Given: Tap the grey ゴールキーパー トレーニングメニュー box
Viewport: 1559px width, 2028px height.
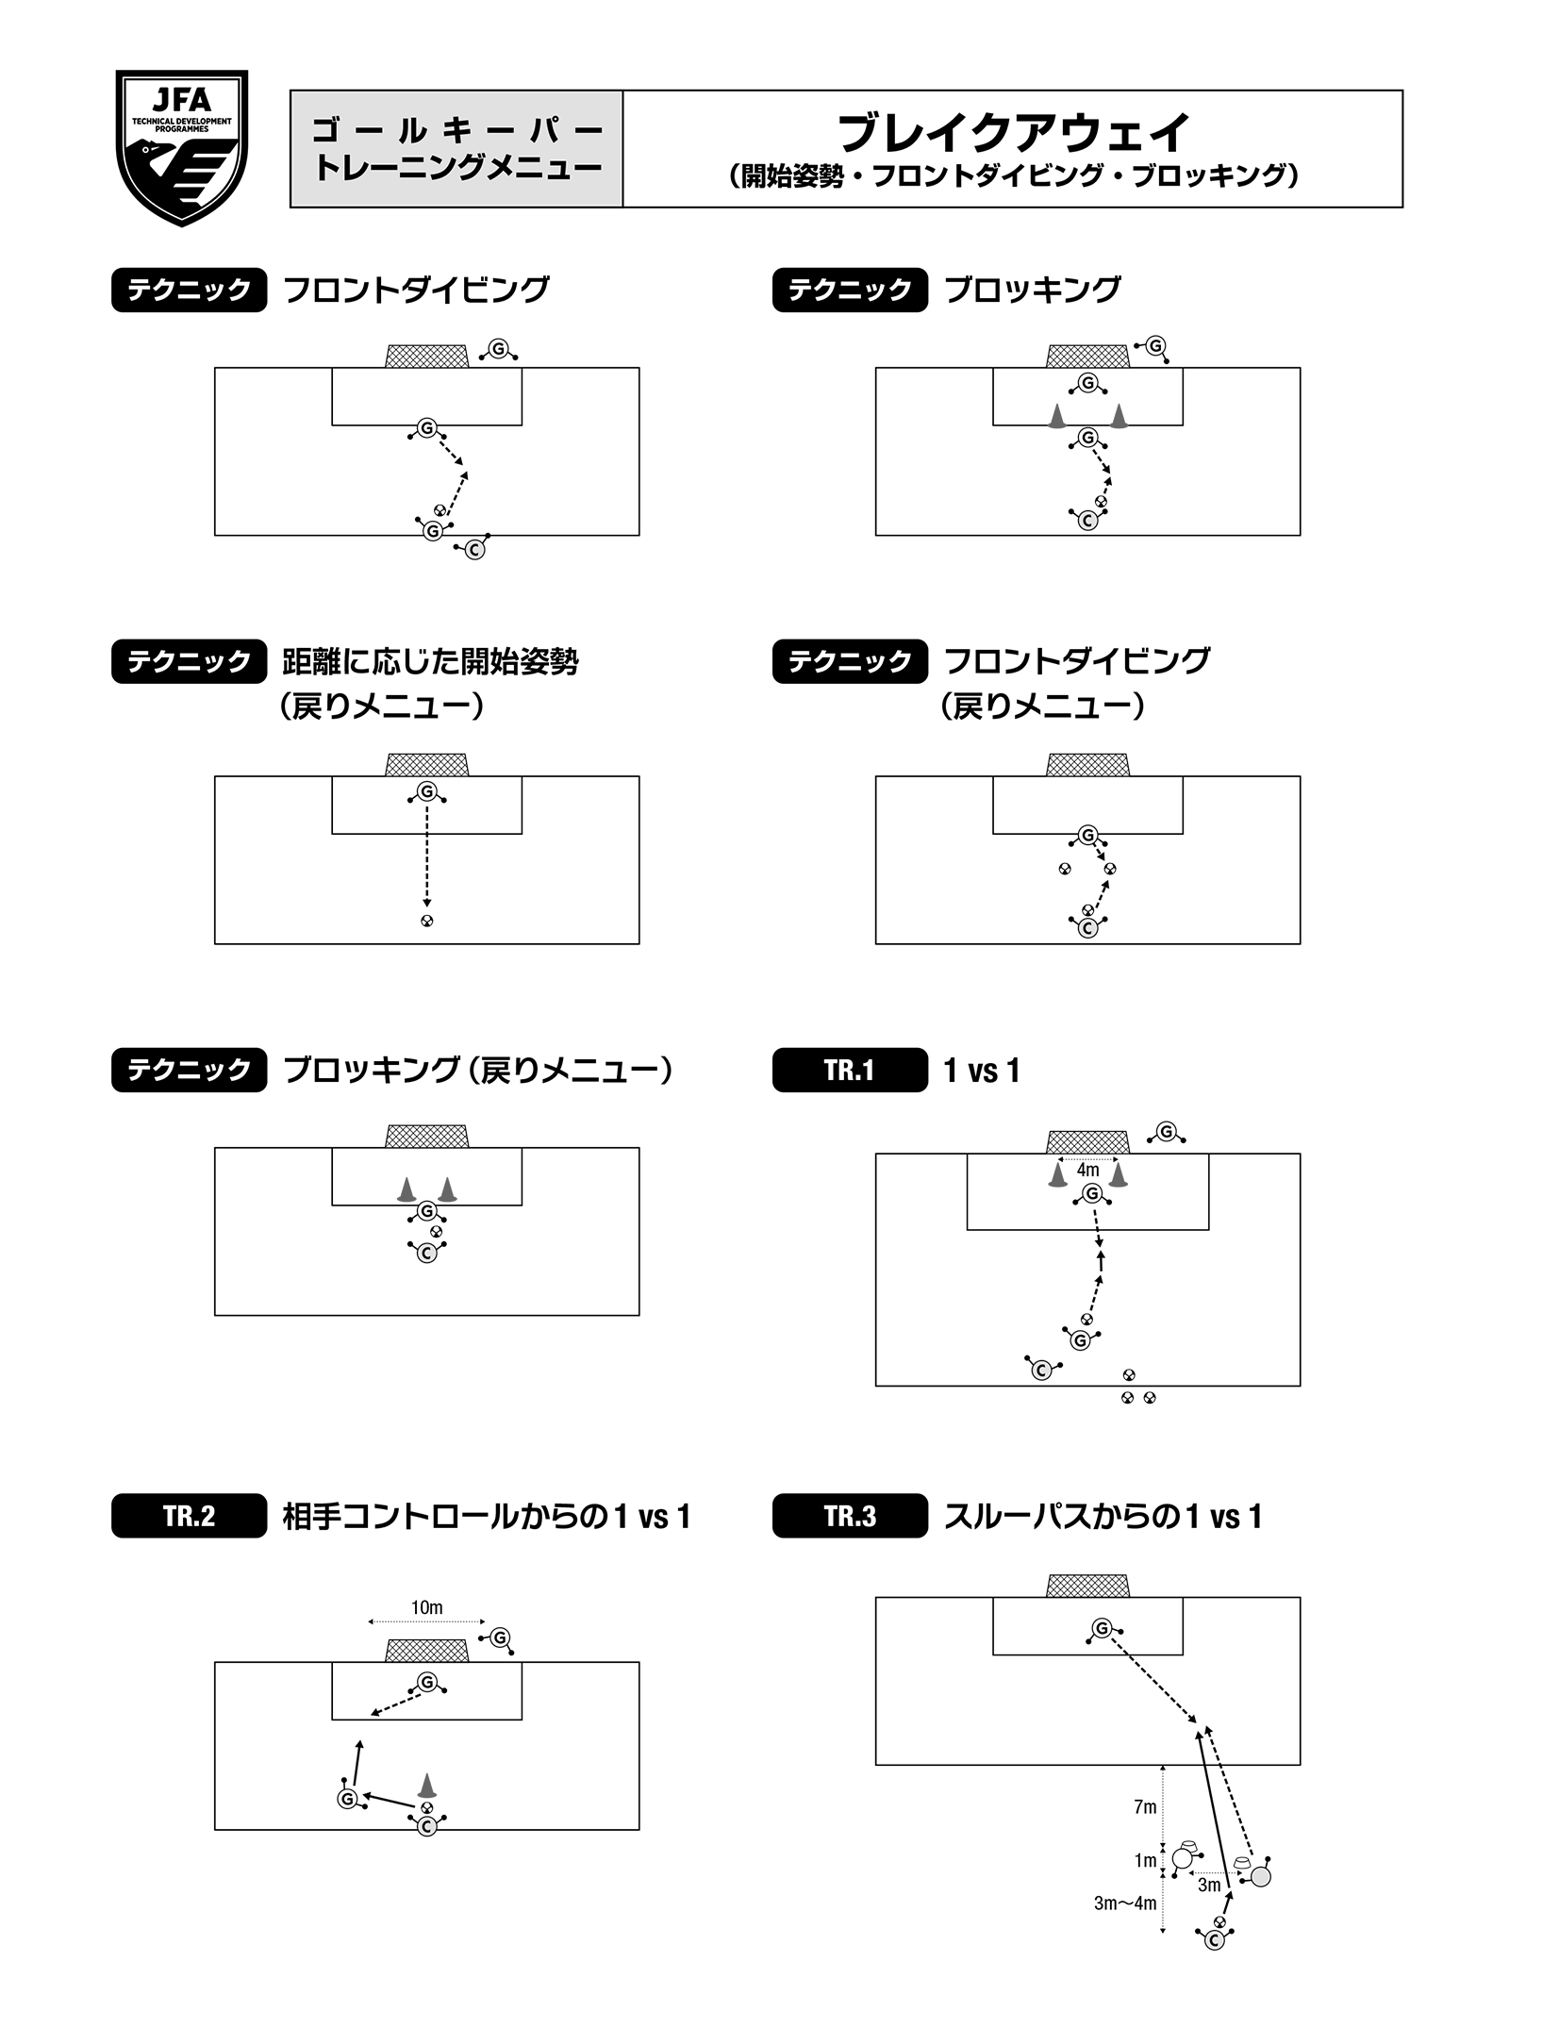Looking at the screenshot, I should point(456,149).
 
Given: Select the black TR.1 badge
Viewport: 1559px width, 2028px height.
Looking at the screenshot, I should point(849,1070).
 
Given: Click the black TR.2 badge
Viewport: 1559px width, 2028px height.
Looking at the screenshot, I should point(189,1516).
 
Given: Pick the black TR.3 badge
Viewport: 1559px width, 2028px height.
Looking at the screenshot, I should point(849,1516).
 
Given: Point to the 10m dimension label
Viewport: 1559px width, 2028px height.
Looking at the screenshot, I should point(426,1607).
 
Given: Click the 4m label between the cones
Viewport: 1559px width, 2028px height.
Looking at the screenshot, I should point(1087,1170).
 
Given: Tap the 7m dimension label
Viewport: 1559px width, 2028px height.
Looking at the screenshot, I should point(1144,1807).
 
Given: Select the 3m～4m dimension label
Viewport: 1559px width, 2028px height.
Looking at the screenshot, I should point(1124,1903).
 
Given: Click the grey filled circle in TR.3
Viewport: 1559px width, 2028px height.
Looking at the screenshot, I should point(1261,1876).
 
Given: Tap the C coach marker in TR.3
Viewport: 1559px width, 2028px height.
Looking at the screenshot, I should point(1215,1940).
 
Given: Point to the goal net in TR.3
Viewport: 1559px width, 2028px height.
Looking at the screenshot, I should point(1087,1586).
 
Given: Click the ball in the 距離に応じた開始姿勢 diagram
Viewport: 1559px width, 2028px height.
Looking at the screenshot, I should point(427,921).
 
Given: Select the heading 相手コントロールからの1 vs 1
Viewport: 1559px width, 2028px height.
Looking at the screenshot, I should point(487,1516).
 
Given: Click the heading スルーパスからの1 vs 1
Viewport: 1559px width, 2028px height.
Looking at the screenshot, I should point(1103,1516).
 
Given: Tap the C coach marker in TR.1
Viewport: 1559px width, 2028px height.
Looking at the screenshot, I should point(1041,1371).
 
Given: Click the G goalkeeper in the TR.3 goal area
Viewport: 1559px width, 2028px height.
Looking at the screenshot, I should point(1102,1629).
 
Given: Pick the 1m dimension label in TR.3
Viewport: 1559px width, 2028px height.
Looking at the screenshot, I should point(1144,1861).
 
